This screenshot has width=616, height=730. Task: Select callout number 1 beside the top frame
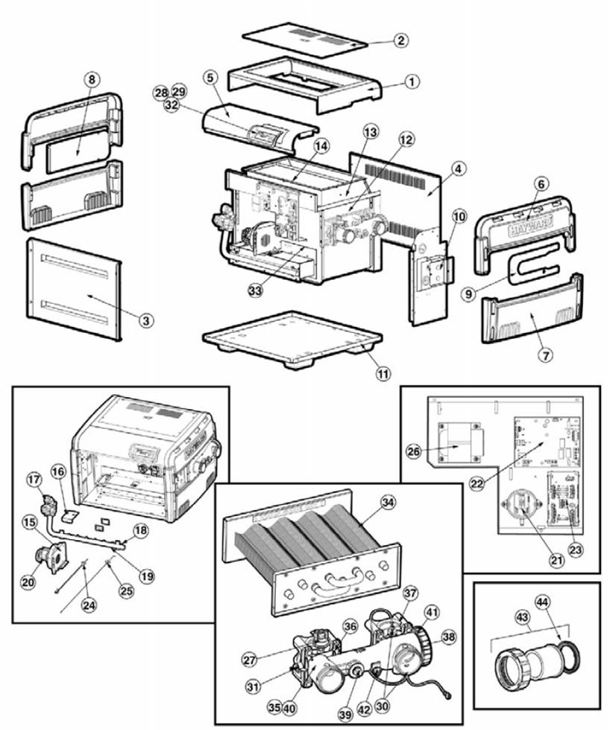(x=412, y=82)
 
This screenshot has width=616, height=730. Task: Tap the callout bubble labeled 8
(x=91, y=79)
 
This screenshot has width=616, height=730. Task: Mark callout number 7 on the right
(x=546, y=355)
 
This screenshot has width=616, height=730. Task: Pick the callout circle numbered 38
(x=448, y=637)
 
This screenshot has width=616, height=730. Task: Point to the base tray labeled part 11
(x=291, y=340)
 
